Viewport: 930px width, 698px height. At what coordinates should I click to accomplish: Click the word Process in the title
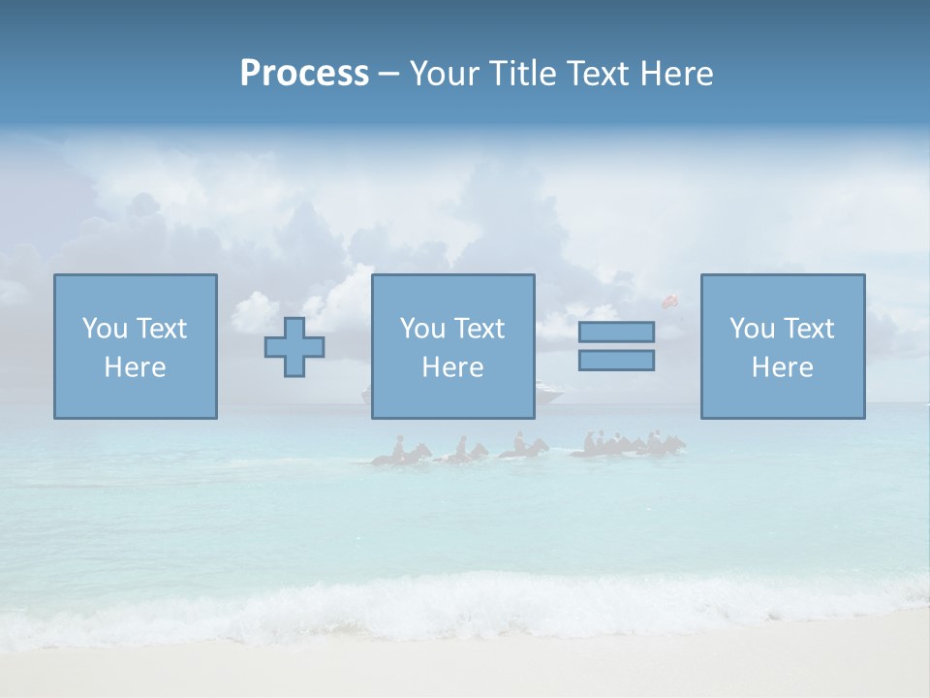(x=304, y=74)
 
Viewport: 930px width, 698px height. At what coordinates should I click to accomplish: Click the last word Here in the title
(x=676, y=74)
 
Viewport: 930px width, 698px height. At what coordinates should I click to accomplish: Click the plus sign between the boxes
(x=294, y=347)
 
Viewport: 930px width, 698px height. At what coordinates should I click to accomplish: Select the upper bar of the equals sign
(x=616, y=332)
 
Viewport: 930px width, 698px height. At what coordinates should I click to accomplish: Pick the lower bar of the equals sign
(x=616, y=360)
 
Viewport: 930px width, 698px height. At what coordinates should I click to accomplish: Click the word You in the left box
(x=105, y=329)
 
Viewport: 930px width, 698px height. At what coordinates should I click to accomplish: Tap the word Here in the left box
(x=135, y=367)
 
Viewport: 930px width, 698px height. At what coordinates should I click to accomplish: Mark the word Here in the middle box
(x=452, y=367)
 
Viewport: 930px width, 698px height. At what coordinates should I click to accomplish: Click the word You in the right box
(x=752, y=329)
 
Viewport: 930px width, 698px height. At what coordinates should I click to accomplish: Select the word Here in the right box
(x=782, y=367)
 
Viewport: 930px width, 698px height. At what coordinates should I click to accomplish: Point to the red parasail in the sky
(x=668, y=301)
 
